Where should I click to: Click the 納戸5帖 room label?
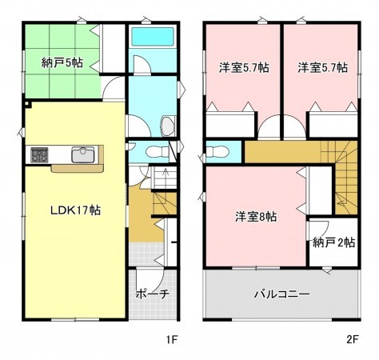[x=62, y=62]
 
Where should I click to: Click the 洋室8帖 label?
[x=255, y=216]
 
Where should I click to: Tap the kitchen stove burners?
[x=39, y=155]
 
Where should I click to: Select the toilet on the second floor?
[x=219, y=150]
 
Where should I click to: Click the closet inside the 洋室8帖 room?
[x=320, y=189]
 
